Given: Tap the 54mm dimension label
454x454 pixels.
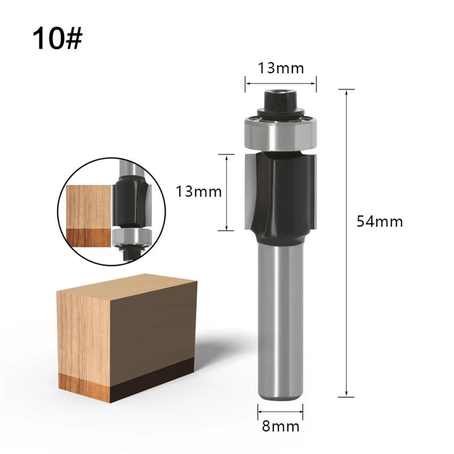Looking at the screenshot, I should tap(380, 221).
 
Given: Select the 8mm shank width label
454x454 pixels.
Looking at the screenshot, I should tap(280, 426).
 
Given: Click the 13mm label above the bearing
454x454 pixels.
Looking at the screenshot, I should tap(281, 68).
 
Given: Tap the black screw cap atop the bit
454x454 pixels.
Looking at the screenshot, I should tap(280, 102).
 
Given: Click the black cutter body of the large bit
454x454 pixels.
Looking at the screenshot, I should tap(284, 193).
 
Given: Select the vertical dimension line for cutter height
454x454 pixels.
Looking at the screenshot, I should tap(226, 193).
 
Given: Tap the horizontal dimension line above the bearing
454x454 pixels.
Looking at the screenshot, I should tap(280, 83).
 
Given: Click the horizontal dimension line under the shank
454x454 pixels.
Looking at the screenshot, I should tap(280, 410).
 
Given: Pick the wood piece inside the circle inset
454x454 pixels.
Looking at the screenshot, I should tap(88, 207).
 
